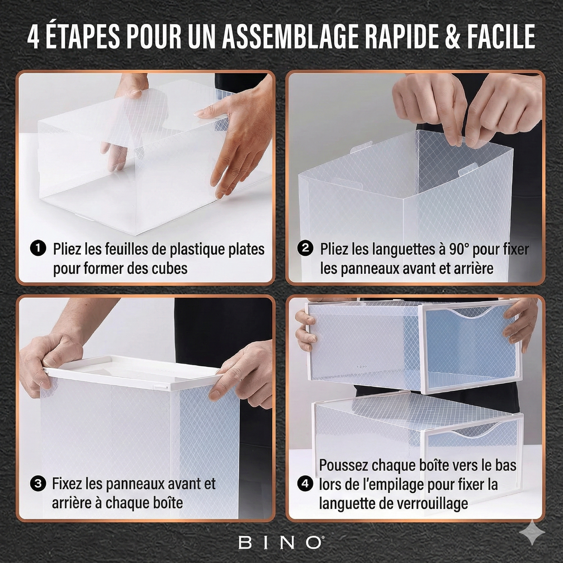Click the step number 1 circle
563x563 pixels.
point(38,249)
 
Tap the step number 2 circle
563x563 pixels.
point(305,249)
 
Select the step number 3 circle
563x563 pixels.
point(38,484)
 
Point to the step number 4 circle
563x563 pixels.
point(305,484)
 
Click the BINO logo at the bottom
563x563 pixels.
point(281,542)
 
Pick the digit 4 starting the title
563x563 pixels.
point(34,37)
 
